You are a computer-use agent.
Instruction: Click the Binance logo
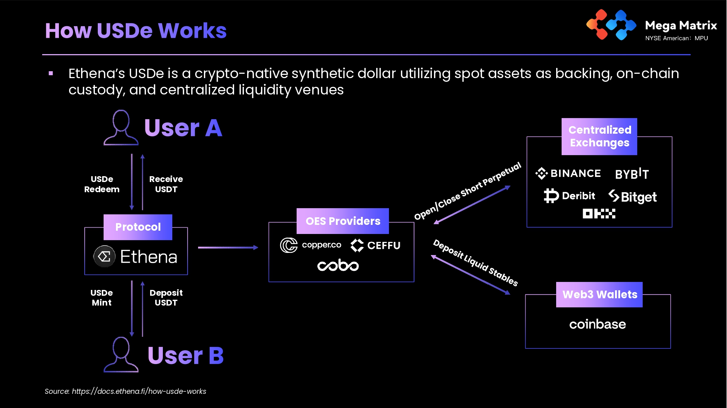tap(568, 173)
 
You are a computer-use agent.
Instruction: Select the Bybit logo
tap(632, 174)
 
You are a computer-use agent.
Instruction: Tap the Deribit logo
tap(569, 196)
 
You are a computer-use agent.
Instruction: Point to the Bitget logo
tap(632, 197)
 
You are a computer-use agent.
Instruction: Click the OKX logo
tap(599, 214)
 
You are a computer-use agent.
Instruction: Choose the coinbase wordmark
tap(598, 324)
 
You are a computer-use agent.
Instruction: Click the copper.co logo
tap(311, 245)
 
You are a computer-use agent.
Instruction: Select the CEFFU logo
tap(375, 246)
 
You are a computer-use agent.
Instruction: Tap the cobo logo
tap(338, 265)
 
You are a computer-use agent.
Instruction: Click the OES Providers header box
tap(343, 221)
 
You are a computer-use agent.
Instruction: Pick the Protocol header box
tap(138, 227)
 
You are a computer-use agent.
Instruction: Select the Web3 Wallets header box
tap(599, 294)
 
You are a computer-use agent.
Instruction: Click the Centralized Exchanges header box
tap(599, 136)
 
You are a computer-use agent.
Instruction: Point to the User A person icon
tap(121, 128)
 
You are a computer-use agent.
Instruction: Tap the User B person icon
tap(121, 355)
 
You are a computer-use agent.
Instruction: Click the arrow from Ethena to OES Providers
tap(228, 247)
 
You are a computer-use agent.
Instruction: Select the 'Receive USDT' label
tap(166, 184)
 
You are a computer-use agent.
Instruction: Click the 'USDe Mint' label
tap(102, 298)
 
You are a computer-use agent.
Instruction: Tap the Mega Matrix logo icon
tap(611, 25)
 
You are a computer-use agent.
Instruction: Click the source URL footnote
tap(125, 391)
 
